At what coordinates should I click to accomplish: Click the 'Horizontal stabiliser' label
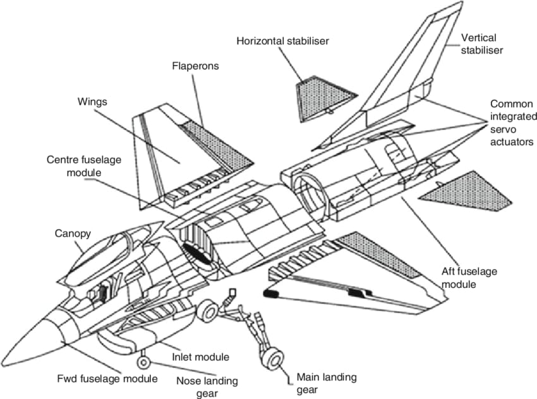[282, 41]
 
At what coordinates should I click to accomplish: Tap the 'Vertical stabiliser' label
[481, 44]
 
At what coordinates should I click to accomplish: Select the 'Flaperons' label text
[195, 66]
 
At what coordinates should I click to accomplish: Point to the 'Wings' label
[92, 102]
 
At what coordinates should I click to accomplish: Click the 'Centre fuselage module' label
[84, 166]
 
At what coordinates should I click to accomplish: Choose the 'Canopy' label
[73, 234]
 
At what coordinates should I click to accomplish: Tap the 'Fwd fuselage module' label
[107, 379]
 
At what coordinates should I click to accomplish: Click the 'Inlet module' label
[200, 357]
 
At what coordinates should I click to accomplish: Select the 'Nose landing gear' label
[207, 387]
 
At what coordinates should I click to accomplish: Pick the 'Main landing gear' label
[327, 383]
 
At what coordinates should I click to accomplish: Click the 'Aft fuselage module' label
[469, 278]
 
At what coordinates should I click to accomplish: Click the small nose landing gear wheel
[143, 362]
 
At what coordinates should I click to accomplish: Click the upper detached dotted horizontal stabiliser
[324, 98]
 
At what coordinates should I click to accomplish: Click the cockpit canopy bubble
[108, 251]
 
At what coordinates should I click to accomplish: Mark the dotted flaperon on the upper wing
[217, 145]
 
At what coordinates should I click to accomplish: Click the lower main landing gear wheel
[274, 360]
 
